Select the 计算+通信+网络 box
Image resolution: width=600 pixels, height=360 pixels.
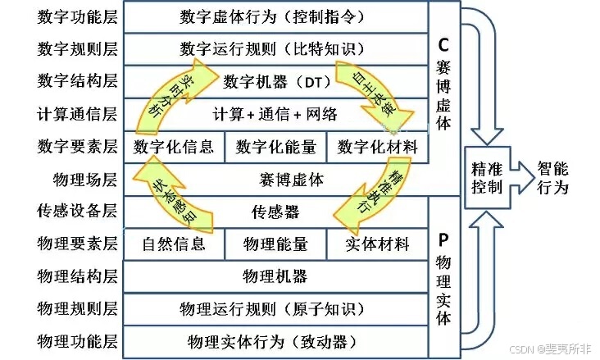pyautogui.click(x=275, y=114)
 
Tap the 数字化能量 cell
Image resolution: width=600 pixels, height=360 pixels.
pyautogui.click(x=275, y=147)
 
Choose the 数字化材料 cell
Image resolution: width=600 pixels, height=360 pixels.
pyautogui.click(x=377, y=147)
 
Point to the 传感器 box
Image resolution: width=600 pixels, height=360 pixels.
pyautogui.click(x=275, y=212)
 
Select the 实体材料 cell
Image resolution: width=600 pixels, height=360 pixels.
pyautogui.click(x=377, y=244)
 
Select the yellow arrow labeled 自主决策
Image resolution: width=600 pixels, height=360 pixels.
pyautogui.click(x=367, y=92)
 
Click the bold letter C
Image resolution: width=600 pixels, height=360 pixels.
pyautogui.click(x=443, y=46)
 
